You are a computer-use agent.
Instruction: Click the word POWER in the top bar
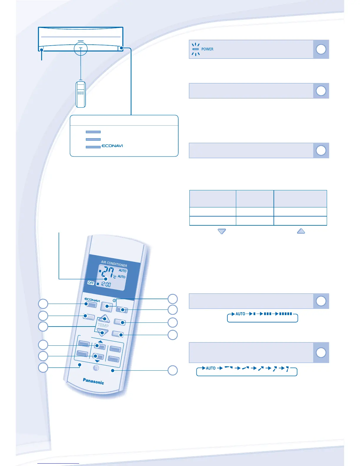pyautogui.click(x=207, y=49)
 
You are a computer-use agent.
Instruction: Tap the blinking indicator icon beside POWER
pyautogui.click(x=196, y=49)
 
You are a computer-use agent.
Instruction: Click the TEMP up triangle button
pyautogui.click(x=104, y=319)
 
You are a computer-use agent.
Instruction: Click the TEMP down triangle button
pyautogui.click(x=102, y=332)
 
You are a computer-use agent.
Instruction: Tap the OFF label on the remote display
pyautogui.click(x=91, y=283)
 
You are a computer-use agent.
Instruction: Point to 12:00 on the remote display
pyautogui.click(x=106, y=284)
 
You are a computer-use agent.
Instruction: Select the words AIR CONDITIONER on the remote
pyautogui.click(x=114, y=263)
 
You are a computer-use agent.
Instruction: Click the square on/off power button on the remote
pyautogui.click(x=106, y=306)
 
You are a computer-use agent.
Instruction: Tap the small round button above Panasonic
pyautogui.click(x=96, y=368)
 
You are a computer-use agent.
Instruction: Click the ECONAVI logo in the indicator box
pyautogui.click(x=112, y=146)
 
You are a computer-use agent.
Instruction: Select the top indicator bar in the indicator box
pyautogui.click(x=93, y=132)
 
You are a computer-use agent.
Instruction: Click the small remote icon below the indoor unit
pyautogui.click(x=81, y=94)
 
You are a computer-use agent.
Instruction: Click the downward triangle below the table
pyautogui.click(x=222, y=231)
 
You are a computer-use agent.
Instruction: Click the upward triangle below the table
pyautogui.click(x=301, y=231)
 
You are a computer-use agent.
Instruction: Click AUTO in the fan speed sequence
pyautogui.click(x=240, y=314)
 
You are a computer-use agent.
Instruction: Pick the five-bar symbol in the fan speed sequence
pyautogui.click(x=285, y=314)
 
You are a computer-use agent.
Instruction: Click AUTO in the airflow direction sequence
pyautogui.click(x=211, y=368)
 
